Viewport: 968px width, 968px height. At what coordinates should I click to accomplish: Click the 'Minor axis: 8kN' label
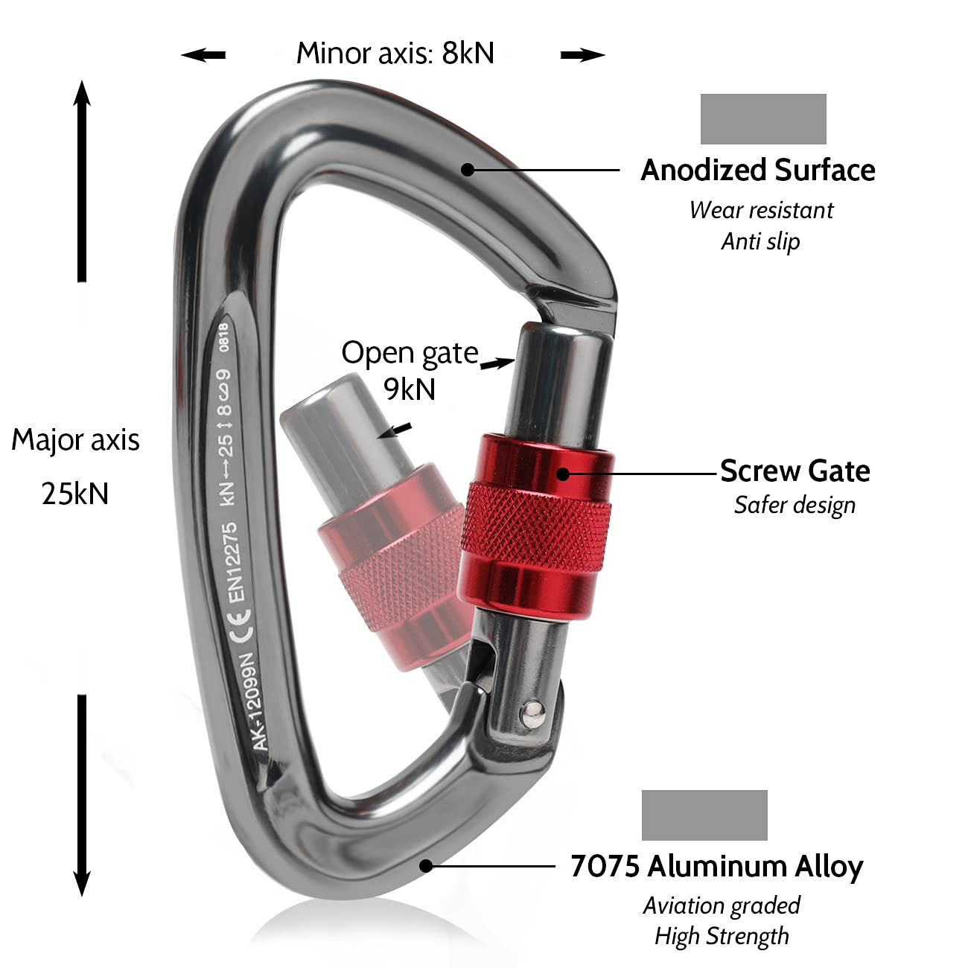(395, 54)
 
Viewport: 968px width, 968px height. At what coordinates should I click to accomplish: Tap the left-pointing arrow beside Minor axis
(203, 54)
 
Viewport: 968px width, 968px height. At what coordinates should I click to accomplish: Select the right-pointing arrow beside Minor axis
(582, 54)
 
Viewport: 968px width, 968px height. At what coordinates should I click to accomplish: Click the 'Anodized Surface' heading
(758, 171)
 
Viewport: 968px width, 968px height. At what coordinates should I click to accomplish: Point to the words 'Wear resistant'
(761, 211)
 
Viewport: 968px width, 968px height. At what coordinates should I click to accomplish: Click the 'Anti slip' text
(760, 242)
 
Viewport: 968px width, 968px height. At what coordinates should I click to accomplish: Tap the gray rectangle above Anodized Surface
(763, 119)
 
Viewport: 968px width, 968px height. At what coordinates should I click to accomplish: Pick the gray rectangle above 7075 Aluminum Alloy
(704, 815)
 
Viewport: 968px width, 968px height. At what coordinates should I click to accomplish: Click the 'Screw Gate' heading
(795, 471)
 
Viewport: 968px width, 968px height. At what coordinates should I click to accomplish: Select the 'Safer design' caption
(795, 506)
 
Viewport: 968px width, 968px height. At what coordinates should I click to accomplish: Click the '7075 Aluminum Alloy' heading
(716, 867)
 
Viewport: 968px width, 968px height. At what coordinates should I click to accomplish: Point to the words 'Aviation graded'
(722, 905)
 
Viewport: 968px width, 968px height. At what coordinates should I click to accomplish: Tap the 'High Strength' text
(722, 936)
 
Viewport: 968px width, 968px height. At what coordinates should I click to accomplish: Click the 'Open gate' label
(410, 353)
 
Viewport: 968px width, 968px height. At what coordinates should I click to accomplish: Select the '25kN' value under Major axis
(74, 494)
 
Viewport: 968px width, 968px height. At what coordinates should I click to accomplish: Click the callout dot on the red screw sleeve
(564, 473)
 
